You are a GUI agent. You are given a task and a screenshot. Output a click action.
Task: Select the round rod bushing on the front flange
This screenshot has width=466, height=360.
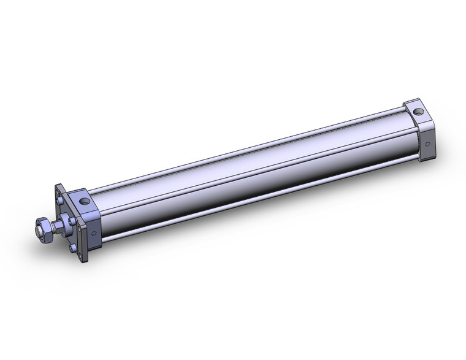[63, 224]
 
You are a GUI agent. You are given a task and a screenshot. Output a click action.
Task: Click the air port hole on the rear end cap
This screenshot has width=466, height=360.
[418, 112]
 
